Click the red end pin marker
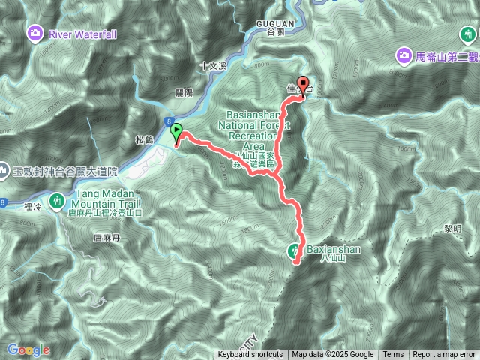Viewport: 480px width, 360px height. [303, 85]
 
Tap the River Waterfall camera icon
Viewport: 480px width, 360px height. [34, 33]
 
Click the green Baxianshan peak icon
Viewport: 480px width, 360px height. [295, 251]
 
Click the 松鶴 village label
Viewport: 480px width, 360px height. [145, 139]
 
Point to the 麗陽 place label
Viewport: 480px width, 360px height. [184, 91]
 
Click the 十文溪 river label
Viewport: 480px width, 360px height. [214, 66]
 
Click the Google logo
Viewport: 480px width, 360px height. [28, 349]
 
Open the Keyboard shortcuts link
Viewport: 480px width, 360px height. [250, 355]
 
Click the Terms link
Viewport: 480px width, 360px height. [393, 355]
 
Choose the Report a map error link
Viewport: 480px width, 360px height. [444, 355]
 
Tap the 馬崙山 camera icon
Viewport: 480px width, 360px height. [403, 56]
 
